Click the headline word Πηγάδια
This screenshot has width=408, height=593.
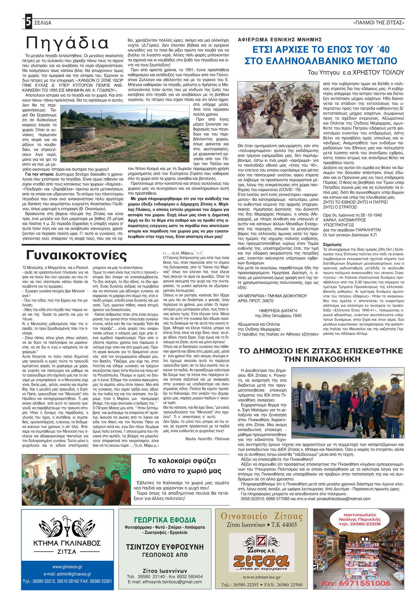tap(67, 43)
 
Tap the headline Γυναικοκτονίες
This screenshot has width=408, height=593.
tap(76, 255)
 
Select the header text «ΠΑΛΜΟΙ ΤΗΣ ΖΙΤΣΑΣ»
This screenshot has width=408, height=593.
tap(379, 23)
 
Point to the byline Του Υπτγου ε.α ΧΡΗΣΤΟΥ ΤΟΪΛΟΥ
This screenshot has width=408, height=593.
tap(355, 72)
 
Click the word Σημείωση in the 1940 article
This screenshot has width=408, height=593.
tap(332, 245)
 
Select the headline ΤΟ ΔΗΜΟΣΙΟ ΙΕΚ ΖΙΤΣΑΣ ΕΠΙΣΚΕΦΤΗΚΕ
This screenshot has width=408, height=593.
tap(321, 351)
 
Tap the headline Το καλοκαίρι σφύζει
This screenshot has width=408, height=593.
tap(182, 461)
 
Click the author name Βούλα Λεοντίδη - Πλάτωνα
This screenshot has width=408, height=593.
tap(207, 439)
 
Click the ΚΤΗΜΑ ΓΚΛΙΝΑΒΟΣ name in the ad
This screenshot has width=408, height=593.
tap(67, 543)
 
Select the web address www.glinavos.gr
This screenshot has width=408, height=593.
tap(67, 567)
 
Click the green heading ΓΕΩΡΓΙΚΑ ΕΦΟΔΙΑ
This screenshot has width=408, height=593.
tap(165, 520)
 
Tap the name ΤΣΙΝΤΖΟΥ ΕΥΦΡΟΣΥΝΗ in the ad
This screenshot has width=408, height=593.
tap(165, 547)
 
